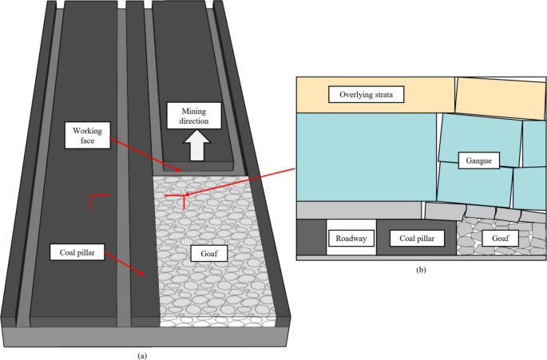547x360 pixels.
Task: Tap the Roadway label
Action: tap(350, 238)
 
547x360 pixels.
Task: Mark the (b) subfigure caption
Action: tap(421, 270)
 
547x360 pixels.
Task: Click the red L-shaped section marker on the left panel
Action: tap(95, 201)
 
